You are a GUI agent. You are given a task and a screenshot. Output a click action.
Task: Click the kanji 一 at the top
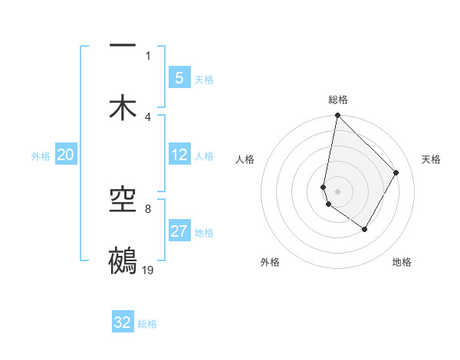tap(123, 47)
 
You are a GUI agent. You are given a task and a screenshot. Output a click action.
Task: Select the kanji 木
tap(123, 106)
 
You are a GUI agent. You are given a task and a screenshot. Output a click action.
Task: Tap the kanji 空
tap(123, 201)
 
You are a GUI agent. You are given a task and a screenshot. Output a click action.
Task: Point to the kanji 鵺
tap(123, 260)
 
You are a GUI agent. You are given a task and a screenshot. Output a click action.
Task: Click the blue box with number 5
tap(179, 78)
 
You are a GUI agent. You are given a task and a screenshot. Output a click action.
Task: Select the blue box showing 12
tap(179, 155)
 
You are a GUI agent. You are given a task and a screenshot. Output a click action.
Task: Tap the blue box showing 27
tap(179, 232)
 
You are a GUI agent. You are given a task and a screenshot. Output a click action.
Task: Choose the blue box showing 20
tap(65, 155)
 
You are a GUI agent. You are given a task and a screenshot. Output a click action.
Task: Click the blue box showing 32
tap(123, 322)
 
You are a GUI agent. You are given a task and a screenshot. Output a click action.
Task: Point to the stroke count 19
tap(149, 270)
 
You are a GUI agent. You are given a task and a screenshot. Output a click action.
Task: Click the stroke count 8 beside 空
tap(148, 208)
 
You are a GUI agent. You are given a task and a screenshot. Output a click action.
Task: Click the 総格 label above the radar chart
tap(338, 100)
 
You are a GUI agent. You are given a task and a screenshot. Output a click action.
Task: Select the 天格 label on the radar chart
tap(432, 159)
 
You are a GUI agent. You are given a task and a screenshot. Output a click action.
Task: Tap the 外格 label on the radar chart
tap(270, 262)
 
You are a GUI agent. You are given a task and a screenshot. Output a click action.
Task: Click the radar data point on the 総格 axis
tap(337, 116)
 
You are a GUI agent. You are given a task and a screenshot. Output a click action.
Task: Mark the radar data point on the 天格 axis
tap(396, 172)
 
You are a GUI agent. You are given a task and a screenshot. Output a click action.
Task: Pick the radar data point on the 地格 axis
tap(365, 229)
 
